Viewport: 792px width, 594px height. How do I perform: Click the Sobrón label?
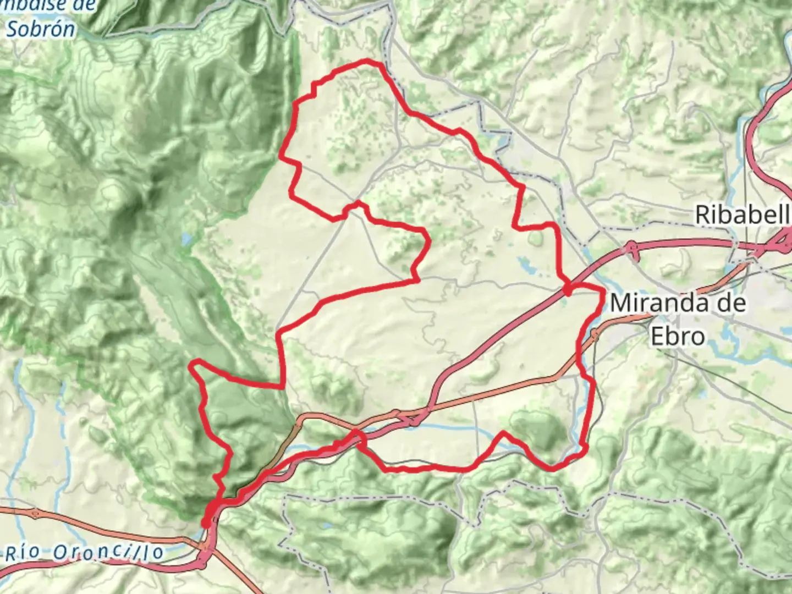coord(41,29)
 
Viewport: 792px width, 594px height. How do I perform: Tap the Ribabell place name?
coord(743,215)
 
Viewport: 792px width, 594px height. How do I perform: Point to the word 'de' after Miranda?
coord(729,303)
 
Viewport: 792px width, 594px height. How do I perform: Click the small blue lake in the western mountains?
coord(187,239)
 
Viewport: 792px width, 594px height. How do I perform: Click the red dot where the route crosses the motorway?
coord(567,290)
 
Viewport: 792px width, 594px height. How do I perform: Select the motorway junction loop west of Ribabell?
coord(631,250)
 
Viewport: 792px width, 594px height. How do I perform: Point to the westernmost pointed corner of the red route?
coord(191,363)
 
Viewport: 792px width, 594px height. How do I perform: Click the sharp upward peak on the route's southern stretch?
coord(503,433)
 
